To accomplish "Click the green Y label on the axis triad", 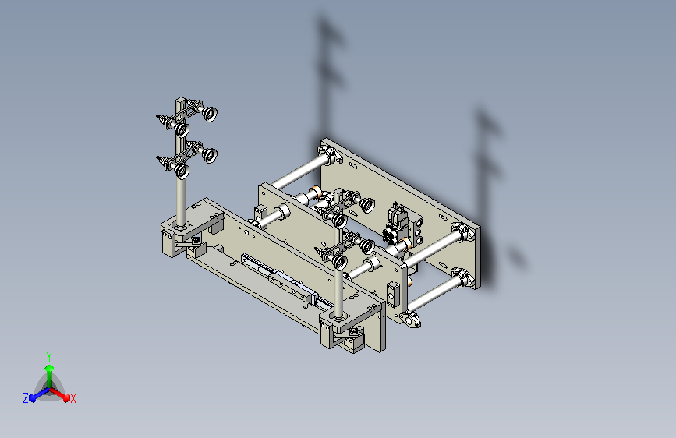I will point(49,355).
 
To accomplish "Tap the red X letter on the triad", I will point(73,399).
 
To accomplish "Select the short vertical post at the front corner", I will point(338,292).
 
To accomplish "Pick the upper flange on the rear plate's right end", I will point(464,232).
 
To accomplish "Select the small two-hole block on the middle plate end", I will point(392,294).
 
